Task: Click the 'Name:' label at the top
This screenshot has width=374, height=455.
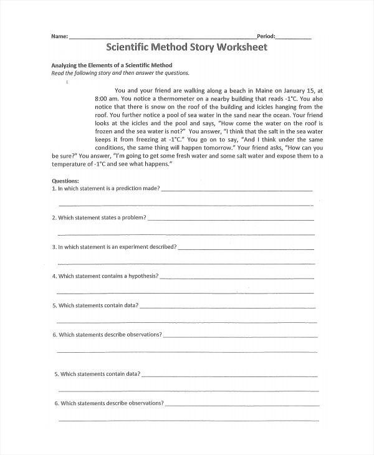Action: click(59, 37)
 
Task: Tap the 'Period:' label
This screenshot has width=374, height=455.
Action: click(266, 37)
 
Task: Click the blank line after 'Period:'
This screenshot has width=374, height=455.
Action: click(293, 38)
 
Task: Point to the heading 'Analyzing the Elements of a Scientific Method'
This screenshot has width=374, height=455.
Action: click(112, 65)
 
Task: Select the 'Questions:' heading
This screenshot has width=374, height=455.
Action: click(65, 181)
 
